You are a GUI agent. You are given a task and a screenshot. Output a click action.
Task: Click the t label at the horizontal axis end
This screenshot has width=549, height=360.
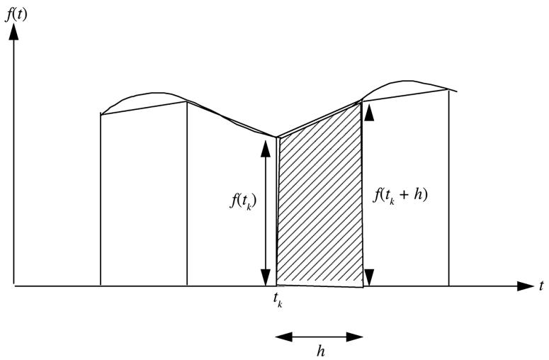pos(540,286)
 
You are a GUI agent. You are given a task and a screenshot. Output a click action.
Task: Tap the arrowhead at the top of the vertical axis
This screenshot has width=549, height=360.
pos(14,30)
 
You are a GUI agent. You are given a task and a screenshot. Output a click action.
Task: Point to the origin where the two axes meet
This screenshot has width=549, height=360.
pos(14,286)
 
